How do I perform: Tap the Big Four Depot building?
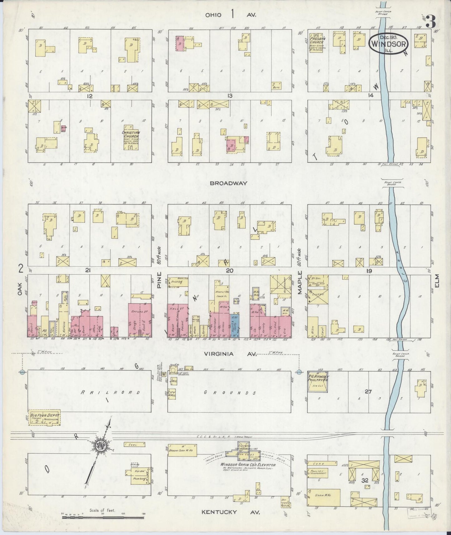tap(45, 417)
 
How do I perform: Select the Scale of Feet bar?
tap(102, 517)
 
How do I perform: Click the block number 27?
tap(368, 391)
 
